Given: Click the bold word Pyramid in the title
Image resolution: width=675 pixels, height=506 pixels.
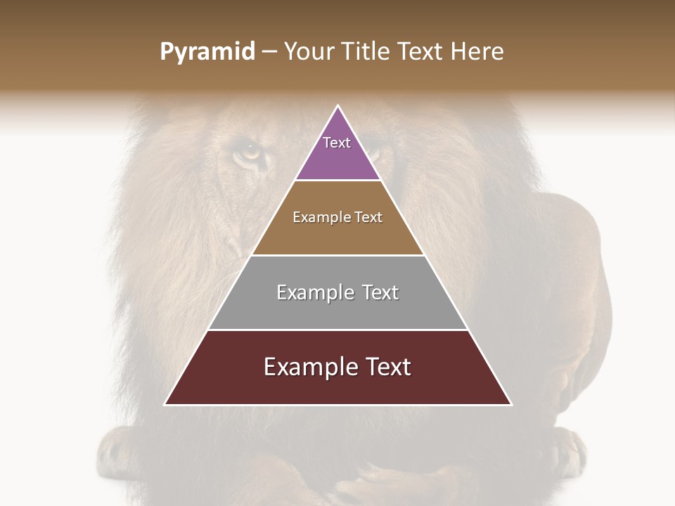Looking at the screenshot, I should pyautogui.click(x=207, y=52).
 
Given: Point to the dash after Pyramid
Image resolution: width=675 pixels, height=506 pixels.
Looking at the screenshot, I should pyautogui.click(x=269, y=52).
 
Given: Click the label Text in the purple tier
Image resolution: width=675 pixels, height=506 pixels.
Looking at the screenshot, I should pyautogui.click(x=337, y=143).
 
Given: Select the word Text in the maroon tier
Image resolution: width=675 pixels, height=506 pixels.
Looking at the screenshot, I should pyautogui.click(x=384, y=367).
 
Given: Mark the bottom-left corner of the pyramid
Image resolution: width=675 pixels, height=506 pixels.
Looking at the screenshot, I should pyautogui.click(x=165, y=404).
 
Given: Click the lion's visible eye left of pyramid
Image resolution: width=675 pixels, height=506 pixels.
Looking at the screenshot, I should pyautogui.click(x=248, y=151).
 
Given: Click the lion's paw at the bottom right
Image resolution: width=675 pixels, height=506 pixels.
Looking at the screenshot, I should pyautogui.click(x=562, y=450).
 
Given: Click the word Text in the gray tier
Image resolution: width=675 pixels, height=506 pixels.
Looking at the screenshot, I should pyautogui.click(x=376, y=292).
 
